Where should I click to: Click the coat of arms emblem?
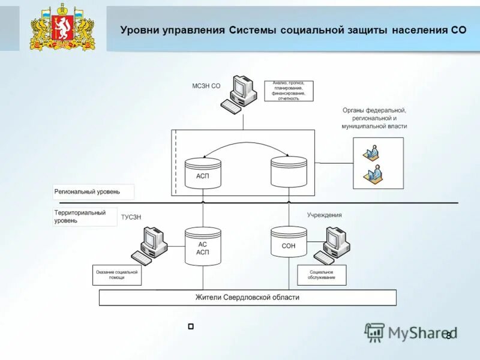coord(62,29)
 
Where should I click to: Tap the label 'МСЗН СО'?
coord(206,86)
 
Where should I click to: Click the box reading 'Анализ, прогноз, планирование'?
coord(289,91)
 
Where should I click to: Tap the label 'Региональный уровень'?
coord(88,192)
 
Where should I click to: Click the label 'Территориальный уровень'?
coord(80,217)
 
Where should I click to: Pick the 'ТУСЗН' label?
coord(131,217)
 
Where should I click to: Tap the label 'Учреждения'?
coord(325,215)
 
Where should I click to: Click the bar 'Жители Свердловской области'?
coord(247,298)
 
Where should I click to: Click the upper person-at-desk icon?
coord(371,154)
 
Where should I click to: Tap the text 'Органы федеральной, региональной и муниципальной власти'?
coord(374,118)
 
